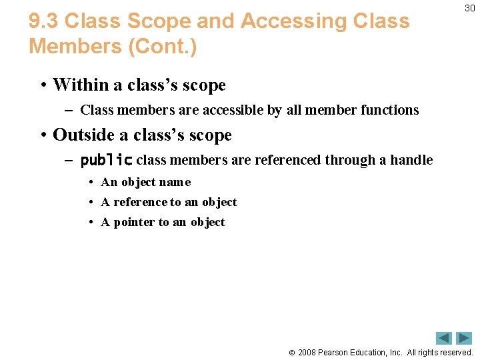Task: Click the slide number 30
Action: (x=469, y=8)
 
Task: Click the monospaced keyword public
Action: (x=107, y=161)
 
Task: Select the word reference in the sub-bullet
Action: (x=141, y=202)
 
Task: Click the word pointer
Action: (x=135, y=222)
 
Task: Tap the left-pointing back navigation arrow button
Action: (x=444, y=338)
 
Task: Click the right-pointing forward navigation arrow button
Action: (x=464, y=338)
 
